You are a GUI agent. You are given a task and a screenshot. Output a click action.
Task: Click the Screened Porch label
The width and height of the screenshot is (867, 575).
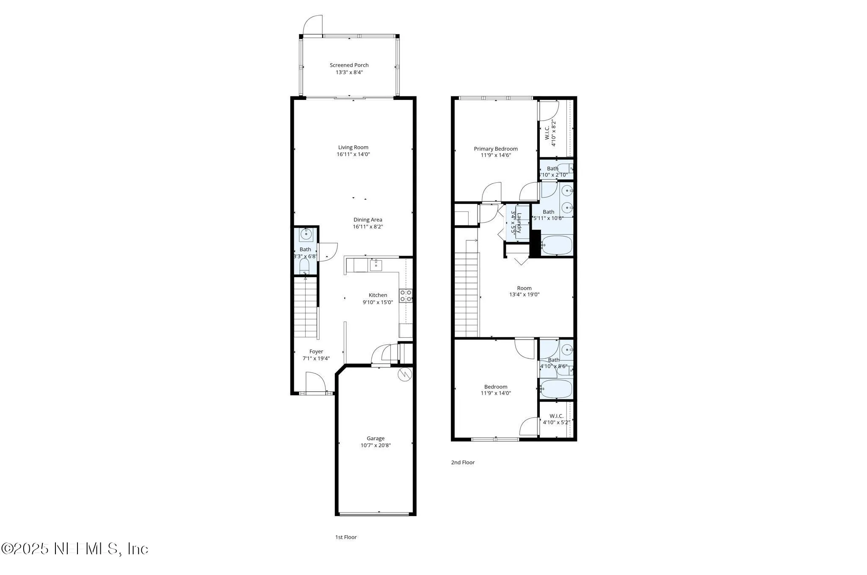point(349,65)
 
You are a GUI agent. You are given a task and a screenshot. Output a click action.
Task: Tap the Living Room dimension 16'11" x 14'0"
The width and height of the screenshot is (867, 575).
point(353,154)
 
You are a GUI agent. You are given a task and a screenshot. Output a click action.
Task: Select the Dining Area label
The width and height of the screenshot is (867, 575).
point(367,220)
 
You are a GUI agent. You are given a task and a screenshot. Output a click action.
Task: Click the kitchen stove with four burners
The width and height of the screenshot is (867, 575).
point(406,295)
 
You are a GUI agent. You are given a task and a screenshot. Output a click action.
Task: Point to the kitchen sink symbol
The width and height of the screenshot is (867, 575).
point(376,265)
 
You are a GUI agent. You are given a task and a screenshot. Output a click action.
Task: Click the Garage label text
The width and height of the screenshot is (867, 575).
point(376,438)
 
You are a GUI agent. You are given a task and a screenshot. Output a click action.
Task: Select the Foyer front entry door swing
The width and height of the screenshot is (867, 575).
point(315,382)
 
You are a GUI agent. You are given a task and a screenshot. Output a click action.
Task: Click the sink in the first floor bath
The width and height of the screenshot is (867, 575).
point(306,234)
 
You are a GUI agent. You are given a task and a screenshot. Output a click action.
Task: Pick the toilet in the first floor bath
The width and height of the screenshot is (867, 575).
point(304,267)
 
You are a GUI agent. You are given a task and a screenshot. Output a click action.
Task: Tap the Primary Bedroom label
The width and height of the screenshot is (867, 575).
point(495,149)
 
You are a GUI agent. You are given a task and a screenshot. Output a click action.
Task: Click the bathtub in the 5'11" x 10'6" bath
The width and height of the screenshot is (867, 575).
point(557,245)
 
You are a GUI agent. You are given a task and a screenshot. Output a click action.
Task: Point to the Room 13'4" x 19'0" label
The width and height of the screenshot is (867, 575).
point(524,288)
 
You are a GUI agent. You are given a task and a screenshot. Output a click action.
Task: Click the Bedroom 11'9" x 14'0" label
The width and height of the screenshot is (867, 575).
point(495,387)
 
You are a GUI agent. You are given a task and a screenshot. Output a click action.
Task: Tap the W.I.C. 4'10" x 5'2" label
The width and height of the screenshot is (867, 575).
point(556,416)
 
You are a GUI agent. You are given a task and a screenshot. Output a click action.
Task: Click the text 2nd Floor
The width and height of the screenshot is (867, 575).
point(462,462)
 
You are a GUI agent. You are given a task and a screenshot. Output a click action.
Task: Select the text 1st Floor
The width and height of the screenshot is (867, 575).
point(346,537)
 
